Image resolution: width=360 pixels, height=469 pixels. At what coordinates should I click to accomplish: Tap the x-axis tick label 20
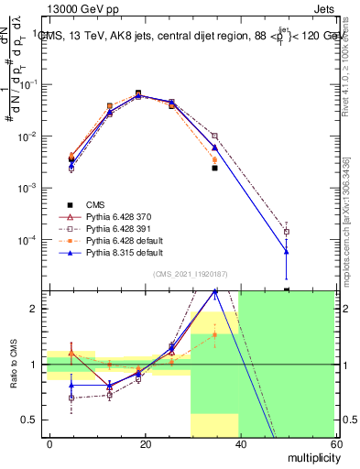[x=146, y=442]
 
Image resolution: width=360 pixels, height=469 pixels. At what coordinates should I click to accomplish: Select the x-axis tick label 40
[x=240, y=442]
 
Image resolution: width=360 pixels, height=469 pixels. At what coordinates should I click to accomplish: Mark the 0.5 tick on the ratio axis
[x=32, y=420]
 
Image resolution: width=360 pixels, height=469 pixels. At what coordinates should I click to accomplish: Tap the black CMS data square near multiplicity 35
[x=214, y=168]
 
